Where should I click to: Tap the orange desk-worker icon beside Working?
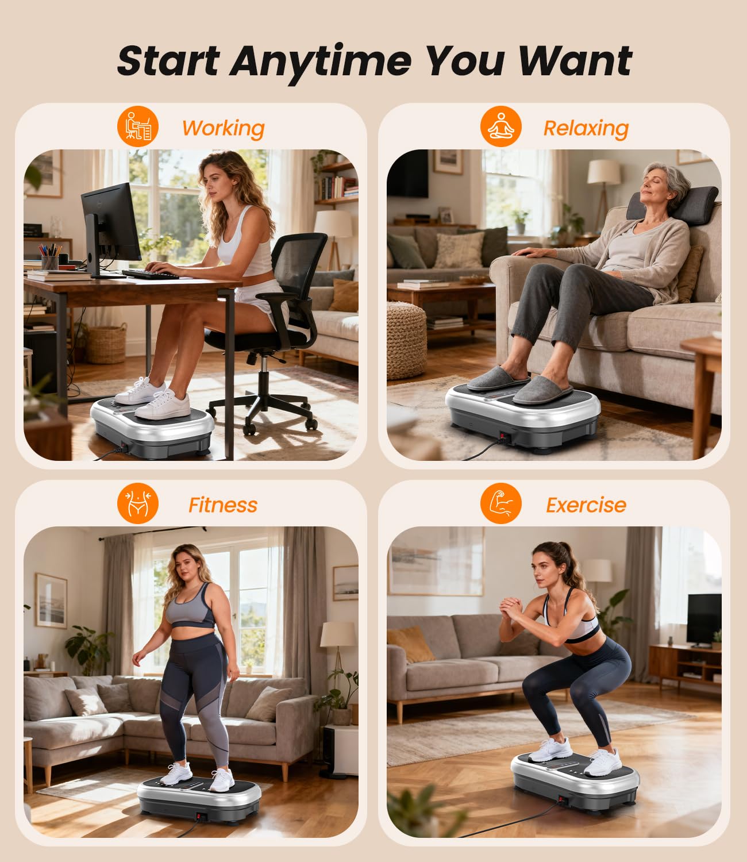pyautogui.click(x=138, y=126)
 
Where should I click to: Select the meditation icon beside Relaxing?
pyautogui.click(x=501, y=126)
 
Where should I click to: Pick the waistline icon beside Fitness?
pyautogui.click(x=138, y=503)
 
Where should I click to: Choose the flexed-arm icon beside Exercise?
pyautogui.click(x=501, y=503)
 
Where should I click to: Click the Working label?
pyautogui.click(x=223, y=128)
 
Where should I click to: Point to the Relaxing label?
pyautogui.click(x=586, y=128)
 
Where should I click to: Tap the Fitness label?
pyautogui.click(x=223, y=505)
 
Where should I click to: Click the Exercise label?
pyautogui.click(x=586, y=505)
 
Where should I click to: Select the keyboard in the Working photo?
pyautogui.click(x=151, y=274)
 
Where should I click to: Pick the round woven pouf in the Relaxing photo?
pyautogui.click(x=406, y=339)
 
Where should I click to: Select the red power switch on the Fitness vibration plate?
pyautogui.click(x=201, y=816)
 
